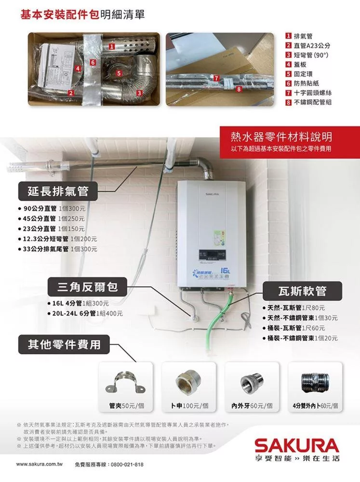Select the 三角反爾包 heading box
click(x=87, y=288)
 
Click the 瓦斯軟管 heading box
click(x=302, y=291)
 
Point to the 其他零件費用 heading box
click(x=64, y=345)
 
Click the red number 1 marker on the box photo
click(x=111, y=47)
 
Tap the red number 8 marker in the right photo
click(x=238, y=89)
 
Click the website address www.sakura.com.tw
click(x=40, y=465)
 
